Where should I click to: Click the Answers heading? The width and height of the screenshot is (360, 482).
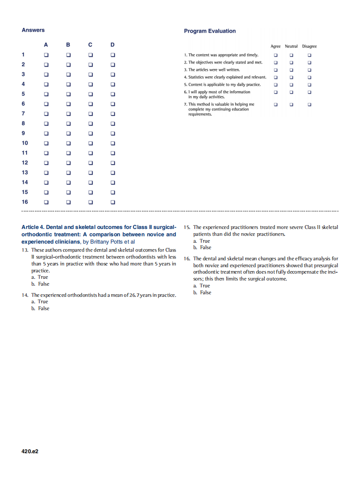[33, 30]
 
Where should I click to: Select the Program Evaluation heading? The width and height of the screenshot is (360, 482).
[210, 31]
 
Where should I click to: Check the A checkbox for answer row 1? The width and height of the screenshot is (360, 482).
[46, 55]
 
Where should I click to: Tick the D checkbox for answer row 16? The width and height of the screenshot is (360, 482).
[113, 202]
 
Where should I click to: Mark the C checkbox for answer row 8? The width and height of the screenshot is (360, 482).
[90, 124]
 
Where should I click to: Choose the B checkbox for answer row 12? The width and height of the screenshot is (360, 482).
[68, 163]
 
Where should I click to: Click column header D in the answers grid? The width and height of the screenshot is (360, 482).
[113, 45]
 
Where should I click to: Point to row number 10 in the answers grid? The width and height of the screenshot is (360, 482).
[24, 143]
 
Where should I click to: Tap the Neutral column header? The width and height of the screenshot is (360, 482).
[291, 46]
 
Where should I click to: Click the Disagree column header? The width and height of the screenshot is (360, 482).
[309, 46]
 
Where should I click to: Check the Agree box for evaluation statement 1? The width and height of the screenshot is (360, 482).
[276, 55]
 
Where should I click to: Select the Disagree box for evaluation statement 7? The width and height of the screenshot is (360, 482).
[309, 104]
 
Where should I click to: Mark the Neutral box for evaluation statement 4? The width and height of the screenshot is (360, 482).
[291, 77]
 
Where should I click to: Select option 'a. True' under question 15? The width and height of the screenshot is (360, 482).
[202, 241]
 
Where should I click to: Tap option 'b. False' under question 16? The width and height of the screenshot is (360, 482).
[202, 293]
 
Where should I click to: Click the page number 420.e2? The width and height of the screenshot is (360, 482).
[30, 451]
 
